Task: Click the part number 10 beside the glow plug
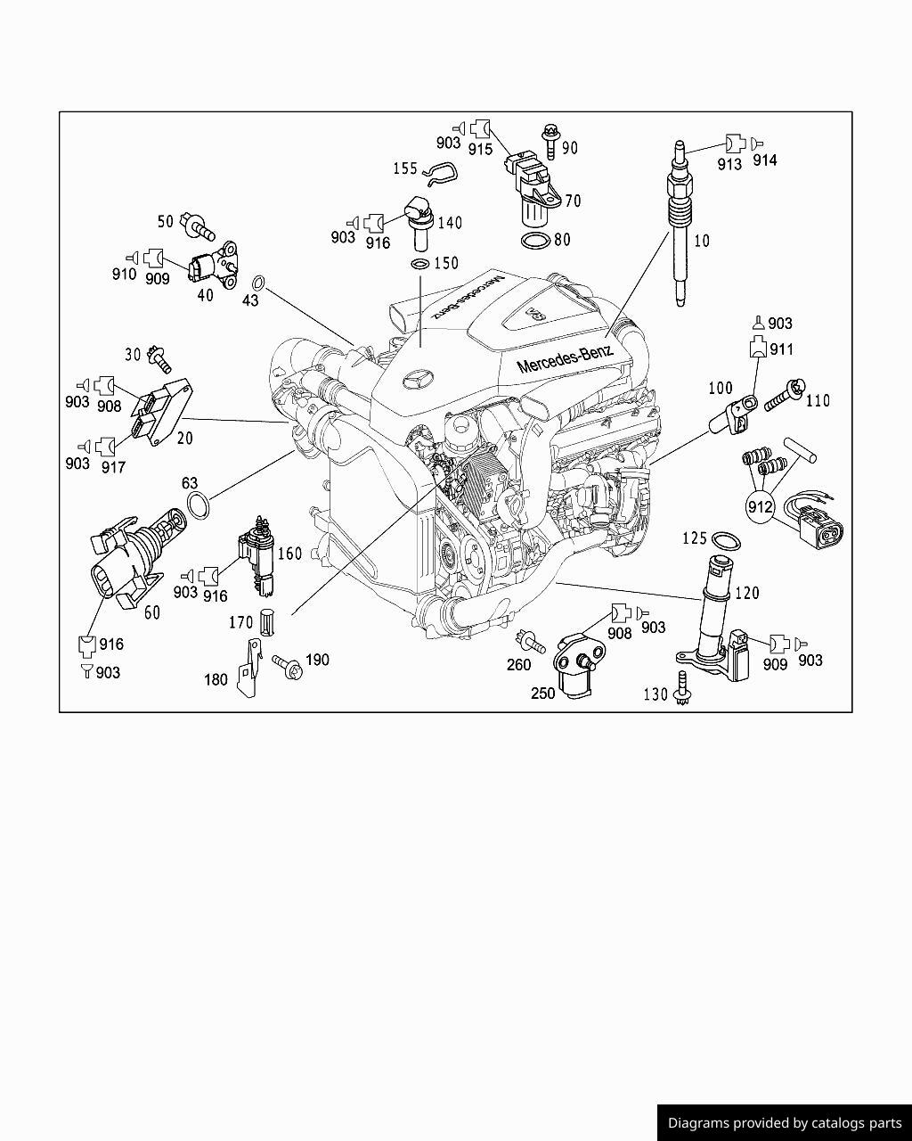point(703,241)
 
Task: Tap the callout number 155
point(405,168)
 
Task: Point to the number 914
point(764,160)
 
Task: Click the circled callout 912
point(761,507)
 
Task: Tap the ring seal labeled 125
point(727,539)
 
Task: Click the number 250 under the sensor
point(543,694)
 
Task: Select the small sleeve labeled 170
point(265,621)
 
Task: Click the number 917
point(113,466)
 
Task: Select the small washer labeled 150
point(419,264)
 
